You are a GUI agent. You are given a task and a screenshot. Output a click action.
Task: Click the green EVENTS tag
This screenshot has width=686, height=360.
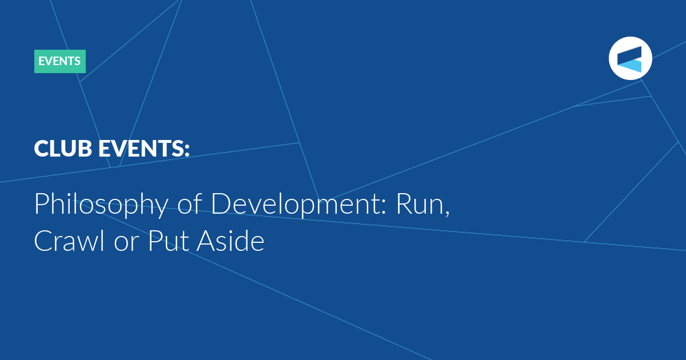(x=60, y=61)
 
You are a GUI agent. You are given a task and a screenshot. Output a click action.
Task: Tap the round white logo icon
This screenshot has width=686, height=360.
(x=630, y=58)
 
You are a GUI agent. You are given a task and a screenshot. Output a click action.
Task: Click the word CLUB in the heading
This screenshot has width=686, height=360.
(x=63, y=149)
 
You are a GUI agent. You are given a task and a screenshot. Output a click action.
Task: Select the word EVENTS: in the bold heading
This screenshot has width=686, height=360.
(x=144, y=149)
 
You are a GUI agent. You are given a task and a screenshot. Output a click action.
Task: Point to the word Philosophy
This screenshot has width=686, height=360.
(x=101, y=204)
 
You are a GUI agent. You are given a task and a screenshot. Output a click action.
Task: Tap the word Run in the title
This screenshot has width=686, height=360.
(x=420, y=204)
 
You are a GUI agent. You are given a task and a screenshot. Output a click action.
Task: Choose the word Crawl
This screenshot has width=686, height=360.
(x=69, y=241)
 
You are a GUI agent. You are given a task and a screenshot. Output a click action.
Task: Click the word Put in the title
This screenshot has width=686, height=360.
(x=169, y=241)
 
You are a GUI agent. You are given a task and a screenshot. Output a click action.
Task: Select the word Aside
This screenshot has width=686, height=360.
(x=230, y=241)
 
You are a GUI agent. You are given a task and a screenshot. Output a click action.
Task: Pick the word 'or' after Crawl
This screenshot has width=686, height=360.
(x=126, y=243)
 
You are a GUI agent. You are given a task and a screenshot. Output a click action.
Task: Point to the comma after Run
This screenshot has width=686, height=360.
(x=447, y=214)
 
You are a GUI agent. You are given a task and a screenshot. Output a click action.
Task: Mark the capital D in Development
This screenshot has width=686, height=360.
(x=221, y=204)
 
